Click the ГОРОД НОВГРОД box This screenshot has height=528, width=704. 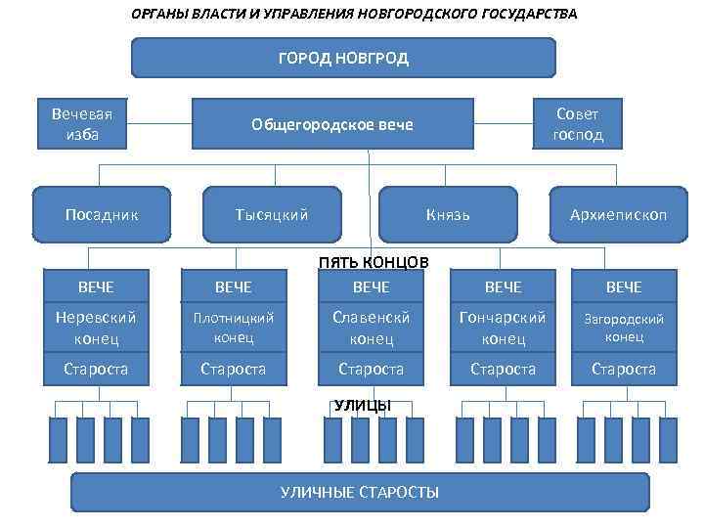pos(343,58)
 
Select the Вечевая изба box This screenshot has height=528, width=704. pos(82,124)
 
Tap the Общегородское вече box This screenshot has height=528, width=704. pos(332,124)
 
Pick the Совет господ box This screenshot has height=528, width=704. pos(578,124)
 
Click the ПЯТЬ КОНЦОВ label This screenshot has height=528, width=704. pos(374,261)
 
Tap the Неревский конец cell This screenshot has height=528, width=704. pos(96,329)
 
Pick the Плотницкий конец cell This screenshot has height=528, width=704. pos(233,329)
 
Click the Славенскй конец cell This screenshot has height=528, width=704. pos(372,329)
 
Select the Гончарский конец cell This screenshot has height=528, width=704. pos(503,329)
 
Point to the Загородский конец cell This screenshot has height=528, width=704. pos(624,329)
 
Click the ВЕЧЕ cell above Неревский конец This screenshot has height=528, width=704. pos(96,286)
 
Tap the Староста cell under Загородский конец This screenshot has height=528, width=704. pos(624,370)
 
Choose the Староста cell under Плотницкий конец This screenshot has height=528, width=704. pos(233,370)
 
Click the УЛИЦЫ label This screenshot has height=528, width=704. pos(362,405)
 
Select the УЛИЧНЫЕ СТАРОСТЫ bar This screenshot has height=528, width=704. pos(360,492)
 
